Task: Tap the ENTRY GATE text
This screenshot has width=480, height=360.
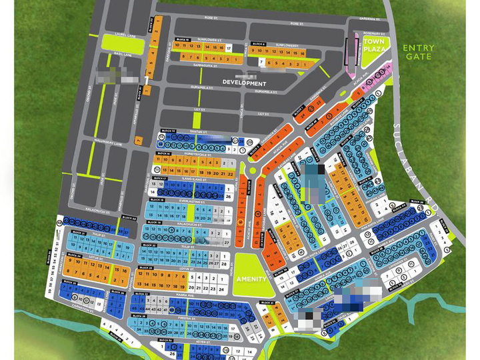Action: coord(418,52)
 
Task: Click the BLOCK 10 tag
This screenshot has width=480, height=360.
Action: coord(183,40)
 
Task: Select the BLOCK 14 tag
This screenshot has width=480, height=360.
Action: coord(169,131)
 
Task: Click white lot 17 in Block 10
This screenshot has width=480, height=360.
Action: coord(229,49)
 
